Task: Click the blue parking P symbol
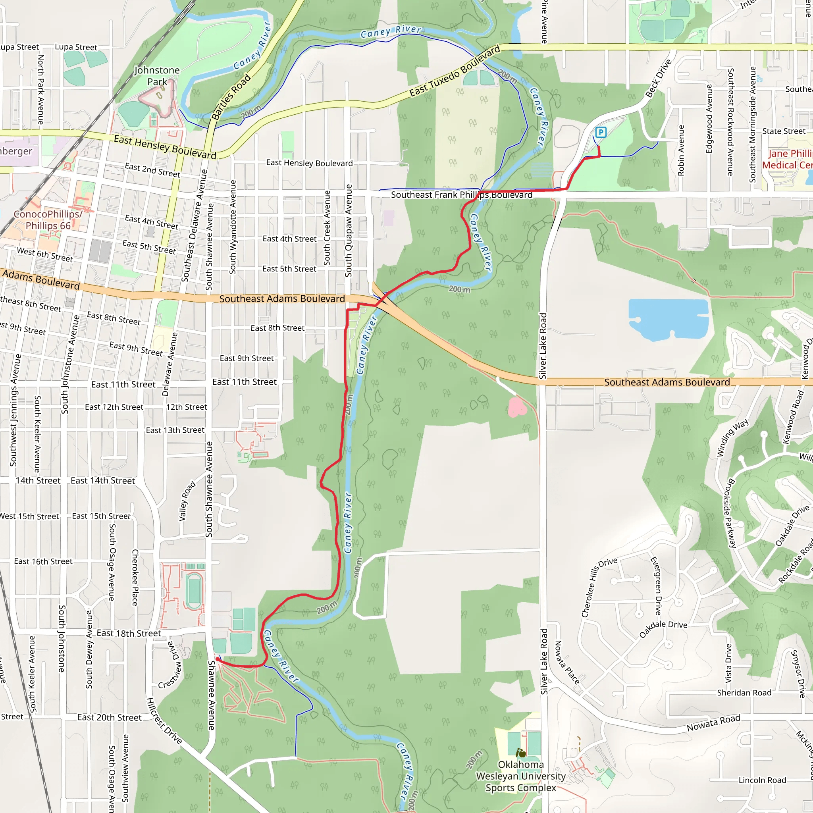[x=601, y=132]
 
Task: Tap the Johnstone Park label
[x=157, y=76]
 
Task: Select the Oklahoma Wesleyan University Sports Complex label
[x=520, y=776]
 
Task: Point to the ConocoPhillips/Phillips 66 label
[x=48, y=220]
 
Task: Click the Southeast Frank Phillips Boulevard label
[x=462, y=195]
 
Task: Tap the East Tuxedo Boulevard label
[x=455, y=71]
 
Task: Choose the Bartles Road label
[x=231, y=97]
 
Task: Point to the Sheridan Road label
[x=744, y=693]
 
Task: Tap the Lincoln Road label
[x=762, y=780]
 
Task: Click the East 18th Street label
[x=129, y=633]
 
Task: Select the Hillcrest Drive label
[x=164, y=721]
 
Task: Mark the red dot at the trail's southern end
[x=217, y=659]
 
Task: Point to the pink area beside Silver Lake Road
[x=517, y=407]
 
